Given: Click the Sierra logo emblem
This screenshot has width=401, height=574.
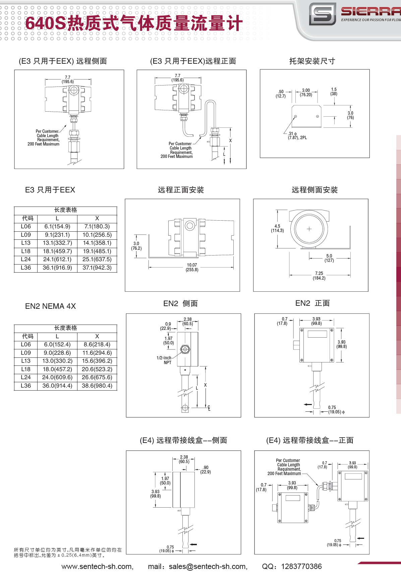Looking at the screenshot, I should tap(322, 14).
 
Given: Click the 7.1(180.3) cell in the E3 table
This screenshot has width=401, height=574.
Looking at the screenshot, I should tap(97, 227).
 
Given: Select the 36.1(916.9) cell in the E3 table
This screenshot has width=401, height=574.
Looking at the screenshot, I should tap(57, 268).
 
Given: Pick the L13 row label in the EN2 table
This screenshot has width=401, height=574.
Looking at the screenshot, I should tap(26, 361).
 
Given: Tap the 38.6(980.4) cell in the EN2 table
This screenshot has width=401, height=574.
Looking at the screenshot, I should tap(97, 386).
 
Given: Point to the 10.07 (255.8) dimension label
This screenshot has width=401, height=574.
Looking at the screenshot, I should tap(192, 267).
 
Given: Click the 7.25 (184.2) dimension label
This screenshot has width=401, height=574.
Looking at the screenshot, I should tap(319, 276).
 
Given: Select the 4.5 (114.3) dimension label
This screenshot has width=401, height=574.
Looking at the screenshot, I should tap(277, 228).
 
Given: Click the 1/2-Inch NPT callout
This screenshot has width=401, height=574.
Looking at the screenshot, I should tap(164, 360).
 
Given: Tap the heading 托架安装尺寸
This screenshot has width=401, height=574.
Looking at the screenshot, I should tap(312, 61).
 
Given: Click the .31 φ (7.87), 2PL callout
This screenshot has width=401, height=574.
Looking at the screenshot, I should tap(297, 135).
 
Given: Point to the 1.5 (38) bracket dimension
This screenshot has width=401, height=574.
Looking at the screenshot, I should tap(334, 92).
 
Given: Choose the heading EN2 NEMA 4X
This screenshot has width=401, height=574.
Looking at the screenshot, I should tap(51, 306).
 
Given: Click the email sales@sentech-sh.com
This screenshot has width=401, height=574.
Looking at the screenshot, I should tap(208, 566).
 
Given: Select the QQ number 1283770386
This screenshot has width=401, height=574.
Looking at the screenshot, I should tap(301, 566).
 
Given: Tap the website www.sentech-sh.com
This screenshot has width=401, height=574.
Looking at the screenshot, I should tap(97, 566).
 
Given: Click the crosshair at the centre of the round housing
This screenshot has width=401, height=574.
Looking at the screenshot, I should tap(309, 229).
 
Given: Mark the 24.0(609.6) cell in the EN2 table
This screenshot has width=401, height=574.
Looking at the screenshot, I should tap(57, 377).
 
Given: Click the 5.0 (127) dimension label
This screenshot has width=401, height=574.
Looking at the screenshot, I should tap(329, 258).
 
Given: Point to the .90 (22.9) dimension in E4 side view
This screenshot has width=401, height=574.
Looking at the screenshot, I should tap(206, 469).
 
